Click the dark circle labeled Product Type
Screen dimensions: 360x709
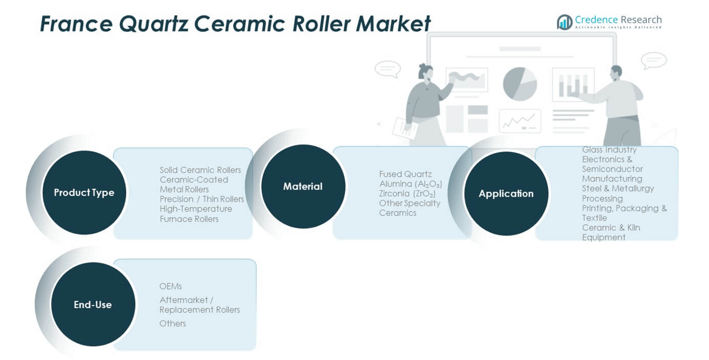[84, 193]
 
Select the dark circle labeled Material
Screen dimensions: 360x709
[302, 187]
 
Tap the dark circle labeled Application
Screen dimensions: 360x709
[506, 194]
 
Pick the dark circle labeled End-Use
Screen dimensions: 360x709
[93, 304]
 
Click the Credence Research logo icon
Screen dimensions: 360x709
[564, 22]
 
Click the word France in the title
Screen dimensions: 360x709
[75, 25]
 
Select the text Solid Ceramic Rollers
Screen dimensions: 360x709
[200, 170]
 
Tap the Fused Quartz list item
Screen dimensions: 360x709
[405, 174]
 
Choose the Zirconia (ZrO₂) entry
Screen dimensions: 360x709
[407, 194]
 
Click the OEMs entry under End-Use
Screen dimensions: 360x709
[170, 286]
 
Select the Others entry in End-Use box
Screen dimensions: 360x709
[172, 324]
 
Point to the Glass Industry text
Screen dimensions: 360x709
[609, 150]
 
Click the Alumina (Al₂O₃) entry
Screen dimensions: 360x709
[410, 184]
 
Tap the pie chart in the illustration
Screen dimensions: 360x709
[519, 83]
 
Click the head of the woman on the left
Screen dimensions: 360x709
[425, 71]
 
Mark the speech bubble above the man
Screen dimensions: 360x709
[653, 60]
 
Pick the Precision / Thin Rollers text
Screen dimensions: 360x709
[201, 199]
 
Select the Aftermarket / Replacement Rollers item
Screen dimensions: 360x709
[199, 305]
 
